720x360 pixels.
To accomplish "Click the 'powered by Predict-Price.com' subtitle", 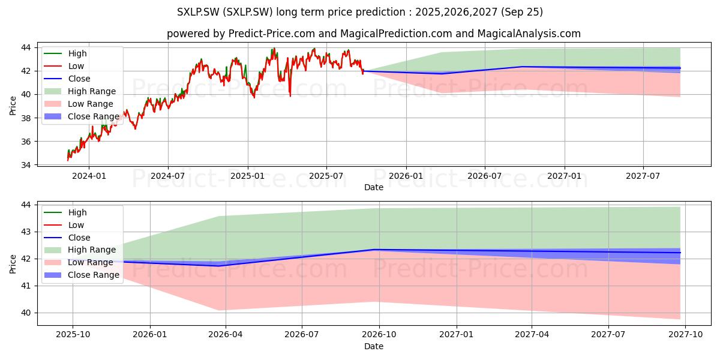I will (373, 34).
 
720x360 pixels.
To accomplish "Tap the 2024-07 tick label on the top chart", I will (167, 176).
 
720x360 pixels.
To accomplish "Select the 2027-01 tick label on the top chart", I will (564, 176).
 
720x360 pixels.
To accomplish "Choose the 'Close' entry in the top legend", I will (79, 79).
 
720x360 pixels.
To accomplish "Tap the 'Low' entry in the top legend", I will (76, 66).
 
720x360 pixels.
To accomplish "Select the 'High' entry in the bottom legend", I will (77, 212).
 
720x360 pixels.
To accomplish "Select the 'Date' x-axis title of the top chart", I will (373, 187).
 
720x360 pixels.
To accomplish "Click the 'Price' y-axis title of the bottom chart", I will (13, 264).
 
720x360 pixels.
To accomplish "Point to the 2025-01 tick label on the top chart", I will (247, 176).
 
